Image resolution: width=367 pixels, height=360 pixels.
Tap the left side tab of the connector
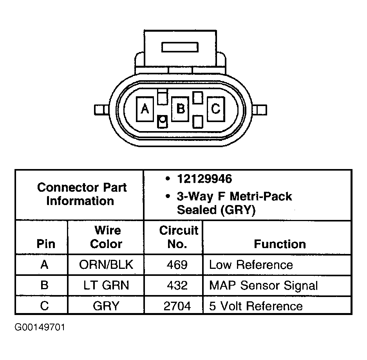tap(101, 110)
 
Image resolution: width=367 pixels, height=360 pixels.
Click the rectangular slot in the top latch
tap(181, 48)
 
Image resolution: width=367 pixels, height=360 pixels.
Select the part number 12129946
tap(204, 179)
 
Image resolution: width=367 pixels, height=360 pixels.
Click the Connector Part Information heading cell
tap(80, 194)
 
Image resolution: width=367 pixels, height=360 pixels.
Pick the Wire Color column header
tap(106, 237)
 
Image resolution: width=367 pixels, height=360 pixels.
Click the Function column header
tap(280, 244)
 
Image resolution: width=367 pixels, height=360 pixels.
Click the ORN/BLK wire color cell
tap(106, 265)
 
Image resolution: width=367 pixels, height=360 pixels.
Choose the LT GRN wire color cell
tap(106, 285)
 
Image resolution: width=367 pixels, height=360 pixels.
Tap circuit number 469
tap(177, 265)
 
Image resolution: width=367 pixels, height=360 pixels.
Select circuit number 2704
tap(177, 306)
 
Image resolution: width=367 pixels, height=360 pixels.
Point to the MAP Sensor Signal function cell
tap(263, 285)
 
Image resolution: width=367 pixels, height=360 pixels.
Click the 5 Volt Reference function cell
tap(255, 306)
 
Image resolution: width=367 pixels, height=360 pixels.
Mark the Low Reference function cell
tap(251, 265)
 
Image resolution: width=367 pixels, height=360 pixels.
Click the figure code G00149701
tap(40, 327)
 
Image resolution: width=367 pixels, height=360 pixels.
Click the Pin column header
tap(45, 244)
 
